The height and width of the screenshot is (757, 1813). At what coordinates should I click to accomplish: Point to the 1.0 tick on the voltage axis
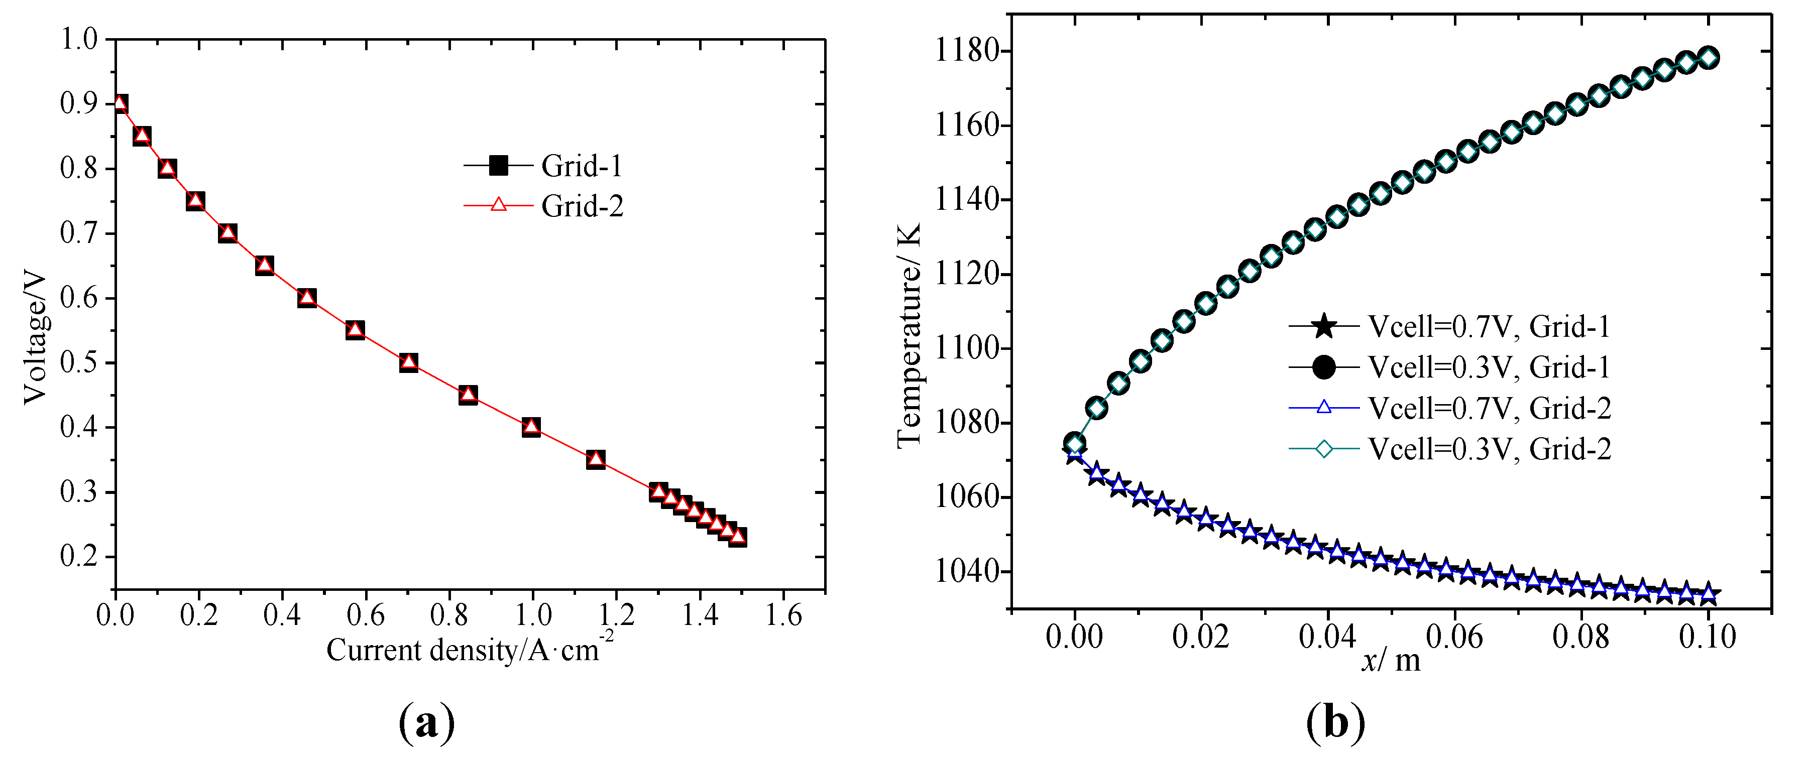point(79,39)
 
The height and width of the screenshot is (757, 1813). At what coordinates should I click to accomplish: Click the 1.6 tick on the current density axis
point(783,615)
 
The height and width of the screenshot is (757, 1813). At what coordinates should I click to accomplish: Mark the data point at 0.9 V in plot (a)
point(120,104)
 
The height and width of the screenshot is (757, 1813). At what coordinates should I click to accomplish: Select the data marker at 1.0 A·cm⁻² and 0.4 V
point(531,426)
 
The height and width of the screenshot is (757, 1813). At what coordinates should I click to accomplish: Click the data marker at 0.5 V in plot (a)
point(409,362)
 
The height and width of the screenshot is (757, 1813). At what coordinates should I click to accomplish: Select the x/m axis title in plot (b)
point(1391,660)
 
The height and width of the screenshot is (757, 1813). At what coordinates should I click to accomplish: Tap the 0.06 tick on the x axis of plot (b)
point(1454,637)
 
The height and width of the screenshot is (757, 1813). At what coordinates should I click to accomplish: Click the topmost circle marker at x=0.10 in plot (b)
point(1708,58)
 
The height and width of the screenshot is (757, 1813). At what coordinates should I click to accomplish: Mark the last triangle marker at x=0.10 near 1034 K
point(1708,594)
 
